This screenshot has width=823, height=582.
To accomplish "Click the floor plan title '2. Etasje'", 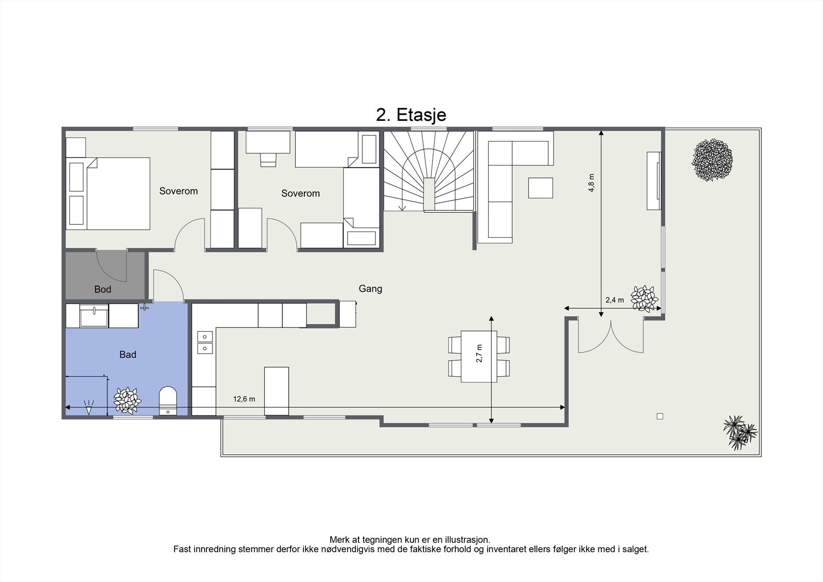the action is [411, 115].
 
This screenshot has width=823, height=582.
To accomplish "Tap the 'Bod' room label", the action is [102, 289].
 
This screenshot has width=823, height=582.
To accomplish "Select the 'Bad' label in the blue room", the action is [128, 355].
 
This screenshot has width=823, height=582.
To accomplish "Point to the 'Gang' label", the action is [370, 289].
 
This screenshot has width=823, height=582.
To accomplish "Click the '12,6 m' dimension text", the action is [244, 399].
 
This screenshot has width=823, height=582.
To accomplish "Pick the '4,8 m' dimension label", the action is [591, 183].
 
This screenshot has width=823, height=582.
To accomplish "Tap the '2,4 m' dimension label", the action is [615, 300].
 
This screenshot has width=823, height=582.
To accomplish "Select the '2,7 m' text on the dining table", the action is [479, 354].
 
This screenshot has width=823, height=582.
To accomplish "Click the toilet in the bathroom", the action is [168, 401].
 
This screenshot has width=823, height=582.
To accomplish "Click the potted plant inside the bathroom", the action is [127, 400].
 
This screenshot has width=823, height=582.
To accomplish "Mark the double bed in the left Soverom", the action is [108, 194].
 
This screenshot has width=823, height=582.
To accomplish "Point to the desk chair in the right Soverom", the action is [268, 160].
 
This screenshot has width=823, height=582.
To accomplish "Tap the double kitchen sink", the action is [205, 342].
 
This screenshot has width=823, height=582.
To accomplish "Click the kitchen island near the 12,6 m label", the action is [277, 391].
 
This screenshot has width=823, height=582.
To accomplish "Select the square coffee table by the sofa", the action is [541, 188].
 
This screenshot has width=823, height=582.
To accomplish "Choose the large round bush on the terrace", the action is [712, 160].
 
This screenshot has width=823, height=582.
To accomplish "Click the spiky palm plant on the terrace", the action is [740, 432].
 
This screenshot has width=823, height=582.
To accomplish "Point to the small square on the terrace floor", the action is [660, 416].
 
